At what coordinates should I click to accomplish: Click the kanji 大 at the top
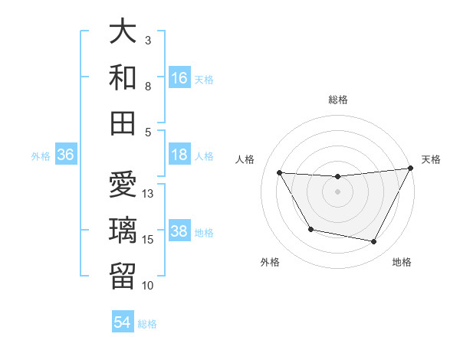click(x=123, y=32)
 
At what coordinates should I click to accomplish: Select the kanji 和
click(x=123, y=78)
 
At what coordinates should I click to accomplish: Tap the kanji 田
click(x=123, y=123)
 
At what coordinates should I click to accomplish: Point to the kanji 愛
click(x=123, y=186)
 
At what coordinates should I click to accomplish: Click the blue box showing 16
click(x=179, y=78)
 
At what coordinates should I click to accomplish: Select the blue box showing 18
click(x=179, y=155)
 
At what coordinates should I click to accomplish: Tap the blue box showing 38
click(x=179, y=232)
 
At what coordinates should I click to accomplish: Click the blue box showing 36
click(x=65, y=155)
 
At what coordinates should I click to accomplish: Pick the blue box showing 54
click(x=123, y=322)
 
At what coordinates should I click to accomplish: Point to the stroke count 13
click(x=149, y=194)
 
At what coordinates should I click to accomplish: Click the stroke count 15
click(x=149, y=240)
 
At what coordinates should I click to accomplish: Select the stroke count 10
click(x=149, y=286)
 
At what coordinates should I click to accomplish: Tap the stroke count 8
click(x=149, y=87)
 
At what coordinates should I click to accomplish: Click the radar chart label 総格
click(x=337, y=100)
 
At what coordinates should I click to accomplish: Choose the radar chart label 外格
click(x=270, y=263)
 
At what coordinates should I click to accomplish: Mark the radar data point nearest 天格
click(x=410, y=169)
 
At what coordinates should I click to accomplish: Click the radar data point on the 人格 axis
click(x=279, y=172)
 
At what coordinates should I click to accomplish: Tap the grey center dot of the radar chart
click(x=337, y=191)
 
